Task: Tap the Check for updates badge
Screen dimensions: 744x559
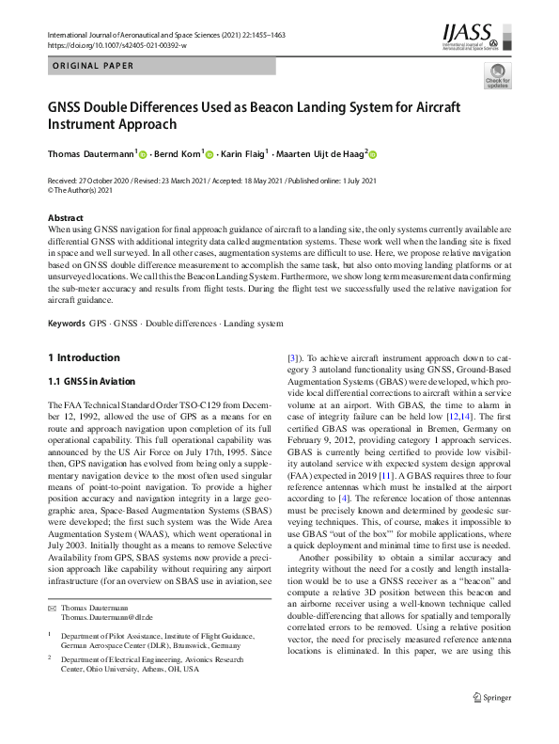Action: click(496, 76)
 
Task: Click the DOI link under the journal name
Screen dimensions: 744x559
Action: click(116, 44)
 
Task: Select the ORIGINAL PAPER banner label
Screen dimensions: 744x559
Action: click(91, 66)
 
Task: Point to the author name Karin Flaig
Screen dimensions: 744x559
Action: click(241, 154)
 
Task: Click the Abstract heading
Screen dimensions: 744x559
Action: click(65, 217)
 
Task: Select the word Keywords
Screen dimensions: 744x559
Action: click(66, 324)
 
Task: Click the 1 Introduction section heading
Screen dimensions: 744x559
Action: click(84, 357)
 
